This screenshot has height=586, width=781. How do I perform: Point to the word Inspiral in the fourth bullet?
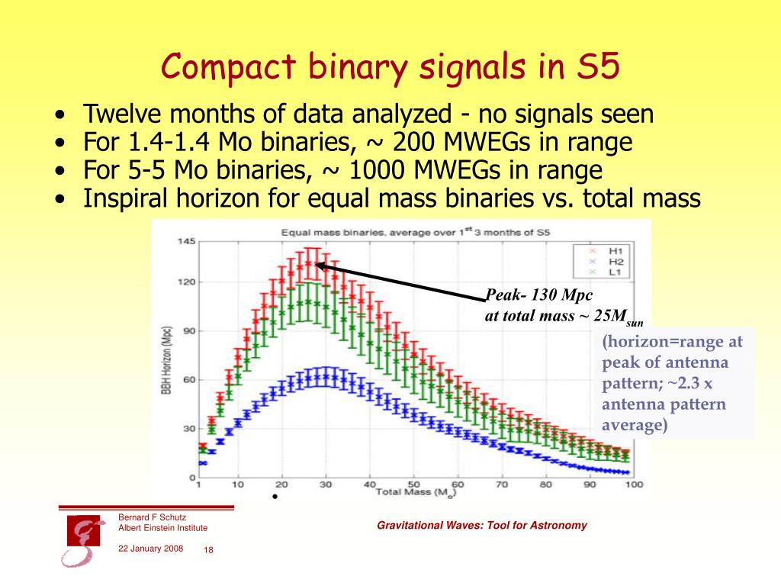tap(131, 198)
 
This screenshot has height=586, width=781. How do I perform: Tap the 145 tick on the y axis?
tap(186, 241)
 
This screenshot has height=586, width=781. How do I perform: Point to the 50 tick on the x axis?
tap(413, 485)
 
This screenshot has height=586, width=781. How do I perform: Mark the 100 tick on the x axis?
tap(633, 485)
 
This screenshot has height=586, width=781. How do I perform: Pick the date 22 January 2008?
tap(150, 548)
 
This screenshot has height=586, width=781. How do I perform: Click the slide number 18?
tap(208, 551)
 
